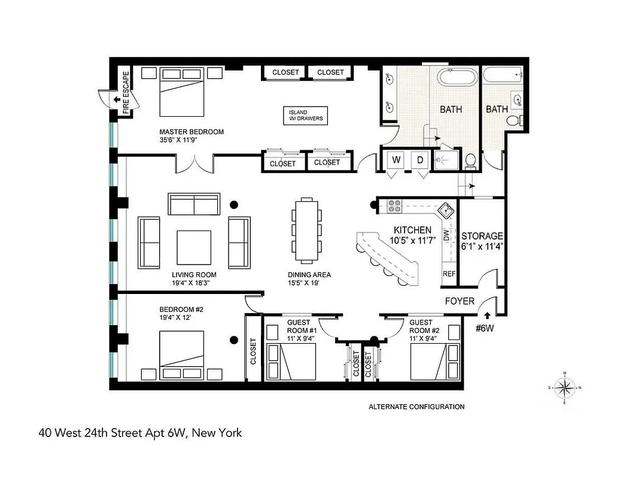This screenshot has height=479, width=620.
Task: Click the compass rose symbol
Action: (564, 387)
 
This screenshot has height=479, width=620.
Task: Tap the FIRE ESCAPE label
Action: (126, 93)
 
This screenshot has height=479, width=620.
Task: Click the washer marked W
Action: (396, 160)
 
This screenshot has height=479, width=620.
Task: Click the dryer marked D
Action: (420, 160)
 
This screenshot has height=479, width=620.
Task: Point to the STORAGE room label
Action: (482, 236)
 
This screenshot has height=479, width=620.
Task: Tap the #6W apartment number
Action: (485, 328)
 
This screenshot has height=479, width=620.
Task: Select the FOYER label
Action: (460, 301)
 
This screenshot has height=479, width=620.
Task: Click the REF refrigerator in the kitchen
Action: (449, 274)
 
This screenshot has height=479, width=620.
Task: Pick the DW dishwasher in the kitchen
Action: (446, 235)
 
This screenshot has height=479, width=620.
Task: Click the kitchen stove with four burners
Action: (394, 206)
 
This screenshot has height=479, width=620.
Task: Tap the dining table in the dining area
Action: (306, 231)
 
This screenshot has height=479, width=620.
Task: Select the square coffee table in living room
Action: (193, 247)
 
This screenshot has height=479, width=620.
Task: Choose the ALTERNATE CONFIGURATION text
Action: (416, 407)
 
